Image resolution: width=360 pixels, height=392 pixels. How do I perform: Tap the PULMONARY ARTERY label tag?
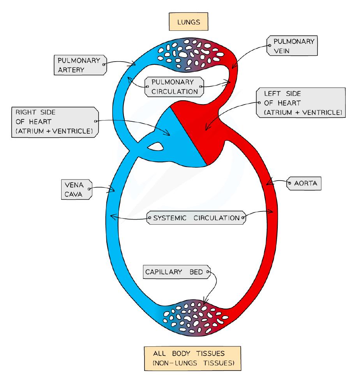(80, 65)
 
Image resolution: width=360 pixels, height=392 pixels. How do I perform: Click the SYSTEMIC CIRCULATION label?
(196, 218)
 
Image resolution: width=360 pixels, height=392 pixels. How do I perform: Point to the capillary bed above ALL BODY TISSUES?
(191, 316)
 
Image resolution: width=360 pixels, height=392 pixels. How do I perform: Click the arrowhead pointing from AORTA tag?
(268, 183)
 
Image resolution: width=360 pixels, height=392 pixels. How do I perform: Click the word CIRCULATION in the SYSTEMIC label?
(216, 218)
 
